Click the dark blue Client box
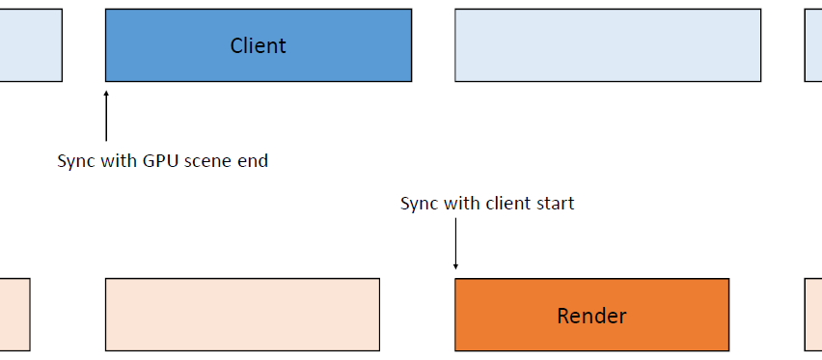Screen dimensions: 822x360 [x=259, y=45]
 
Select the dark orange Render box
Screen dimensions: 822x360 [x=591, y=315]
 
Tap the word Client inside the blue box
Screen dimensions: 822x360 [x=258, y=45]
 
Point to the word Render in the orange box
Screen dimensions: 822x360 [x=591, y=316]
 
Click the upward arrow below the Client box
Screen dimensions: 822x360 [x=106, y=116]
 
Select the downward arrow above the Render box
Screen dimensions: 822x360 [x=455, y=243]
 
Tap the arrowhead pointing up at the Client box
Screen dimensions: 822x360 [x=106, y=94]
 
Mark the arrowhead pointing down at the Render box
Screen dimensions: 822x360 [x=455, y=266]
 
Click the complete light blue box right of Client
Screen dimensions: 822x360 [x=608, y=45]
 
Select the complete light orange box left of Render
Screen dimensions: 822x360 [x=242, y=315]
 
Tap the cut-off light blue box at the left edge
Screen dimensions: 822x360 [x=31, y=45]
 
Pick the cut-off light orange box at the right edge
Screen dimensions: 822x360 [x=813, y=315]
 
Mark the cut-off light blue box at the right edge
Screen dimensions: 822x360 [x=813, y=45]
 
